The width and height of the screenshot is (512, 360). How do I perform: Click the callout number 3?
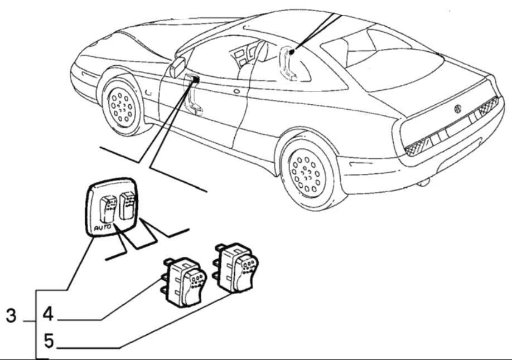[11, 316]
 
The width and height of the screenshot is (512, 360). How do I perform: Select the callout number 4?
[48, 314]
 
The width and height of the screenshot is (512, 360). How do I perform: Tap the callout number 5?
[49, 339]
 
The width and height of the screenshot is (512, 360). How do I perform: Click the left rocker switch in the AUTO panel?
[107, 209]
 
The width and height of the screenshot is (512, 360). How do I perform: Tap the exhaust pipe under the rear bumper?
[424, 182]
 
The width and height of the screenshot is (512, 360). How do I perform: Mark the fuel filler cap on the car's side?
[238, 90]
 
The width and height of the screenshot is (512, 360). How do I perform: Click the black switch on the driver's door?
[196, 79]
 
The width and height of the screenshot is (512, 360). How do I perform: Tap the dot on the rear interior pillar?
[291, 52]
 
